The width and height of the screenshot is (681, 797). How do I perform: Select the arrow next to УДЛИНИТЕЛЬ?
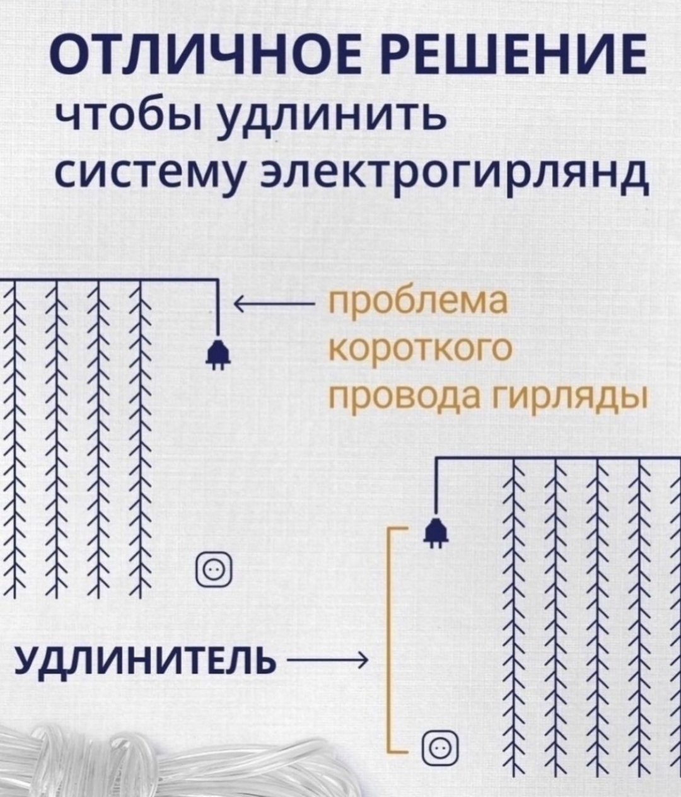[x=325, y=662]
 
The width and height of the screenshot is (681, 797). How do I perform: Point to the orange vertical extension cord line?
[x=388, y=642]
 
